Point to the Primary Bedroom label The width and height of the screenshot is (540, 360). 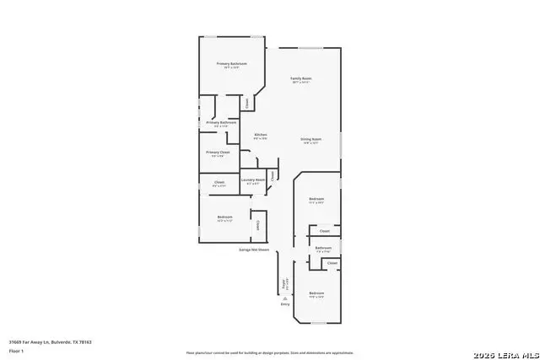click(231, 64)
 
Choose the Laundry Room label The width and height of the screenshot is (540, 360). click(253, 180)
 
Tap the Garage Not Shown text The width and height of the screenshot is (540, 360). click(253, 250)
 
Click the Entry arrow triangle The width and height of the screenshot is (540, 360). click(285, 298)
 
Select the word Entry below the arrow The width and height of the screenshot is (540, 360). click(285, 304)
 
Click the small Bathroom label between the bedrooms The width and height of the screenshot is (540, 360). click(323, 248)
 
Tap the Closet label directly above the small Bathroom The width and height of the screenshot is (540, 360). click(324, 231)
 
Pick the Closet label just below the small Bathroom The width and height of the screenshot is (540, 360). click(332, 263)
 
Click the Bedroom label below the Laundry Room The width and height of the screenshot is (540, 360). click(224, 218)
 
